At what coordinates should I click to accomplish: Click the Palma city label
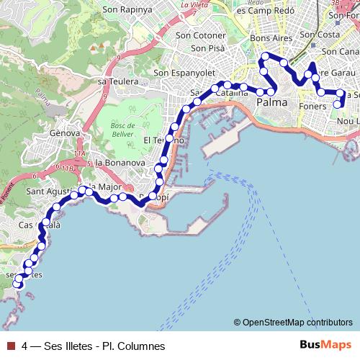(x=271, y=103)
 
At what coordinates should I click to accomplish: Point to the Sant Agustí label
(x=48, y=192)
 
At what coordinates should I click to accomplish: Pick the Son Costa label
(x=319, y=34)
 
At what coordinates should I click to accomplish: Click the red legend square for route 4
(x=9, y=346)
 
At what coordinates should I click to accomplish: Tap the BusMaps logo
(x=325, y=346)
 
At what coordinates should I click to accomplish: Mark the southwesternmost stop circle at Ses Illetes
(x=19, y=284)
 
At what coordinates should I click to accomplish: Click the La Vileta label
(x=194, y=5)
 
